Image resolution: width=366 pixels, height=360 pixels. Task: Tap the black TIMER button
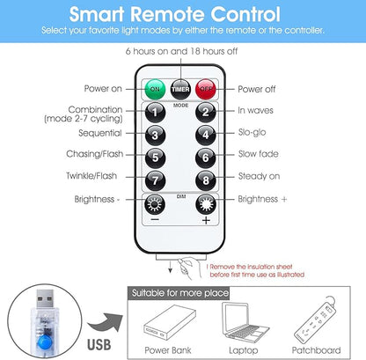pos(180,89)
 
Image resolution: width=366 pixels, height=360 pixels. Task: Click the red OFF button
pos(206,89)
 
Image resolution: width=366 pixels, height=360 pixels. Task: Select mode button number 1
pos(155,113)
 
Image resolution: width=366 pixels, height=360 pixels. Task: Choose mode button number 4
pos(206,135)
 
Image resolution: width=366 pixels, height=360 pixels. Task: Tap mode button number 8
pos(206,180)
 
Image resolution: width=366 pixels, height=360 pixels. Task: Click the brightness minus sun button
pos(155,204)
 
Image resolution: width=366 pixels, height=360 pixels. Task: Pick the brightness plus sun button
pos(206,204)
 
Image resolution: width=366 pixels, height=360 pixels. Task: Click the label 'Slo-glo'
pos(253,132)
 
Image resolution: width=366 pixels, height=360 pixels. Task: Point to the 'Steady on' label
pos(259,176)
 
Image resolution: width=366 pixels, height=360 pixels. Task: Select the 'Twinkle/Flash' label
pos(91,176)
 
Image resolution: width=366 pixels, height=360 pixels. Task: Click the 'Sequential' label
pos(100,133)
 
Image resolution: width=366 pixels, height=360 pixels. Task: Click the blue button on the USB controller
pos(45,342)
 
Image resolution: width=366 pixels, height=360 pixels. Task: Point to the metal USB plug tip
pos(45,299)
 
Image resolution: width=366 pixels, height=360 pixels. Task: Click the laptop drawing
pos(245,323)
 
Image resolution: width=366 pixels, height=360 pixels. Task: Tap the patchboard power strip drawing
pos(315,320)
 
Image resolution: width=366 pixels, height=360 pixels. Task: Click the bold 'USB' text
pos(99,345)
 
